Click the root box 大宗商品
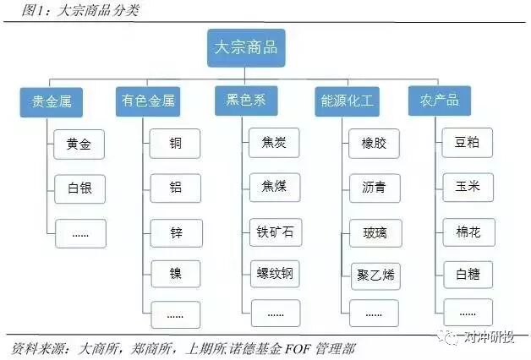246,47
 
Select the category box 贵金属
51,101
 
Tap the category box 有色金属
147,101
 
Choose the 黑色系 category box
246,101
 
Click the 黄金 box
79,145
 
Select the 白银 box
79,188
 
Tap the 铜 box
175,143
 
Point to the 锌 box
175,230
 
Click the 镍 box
175,273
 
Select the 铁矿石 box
275,230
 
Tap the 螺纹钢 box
275,273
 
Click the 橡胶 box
374,143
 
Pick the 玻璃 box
374,230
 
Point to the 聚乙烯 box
374,274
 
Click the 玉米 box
468,186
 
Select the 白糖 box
468,273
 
